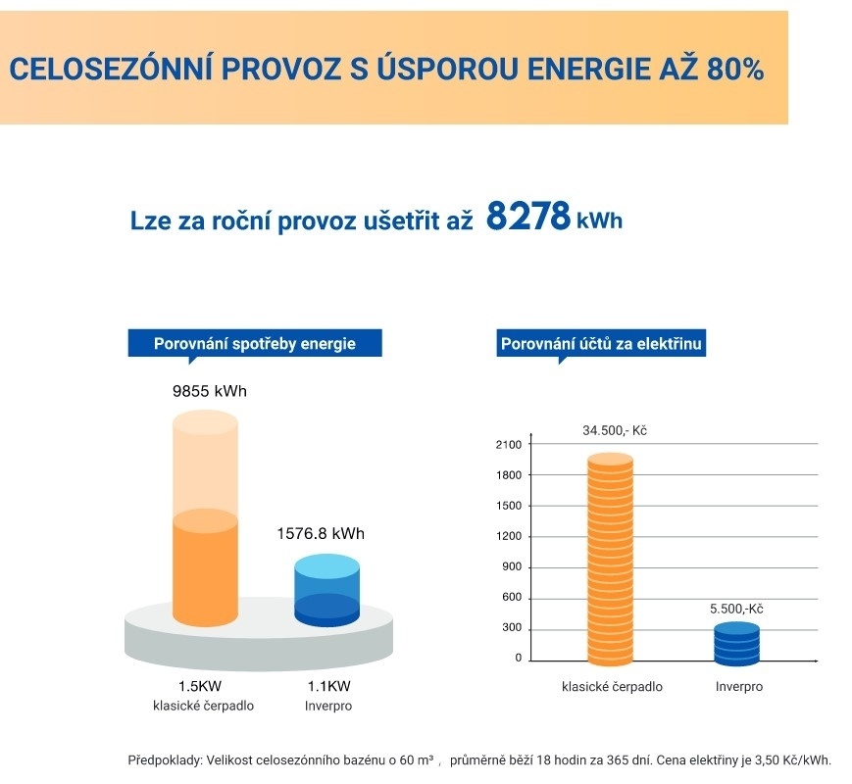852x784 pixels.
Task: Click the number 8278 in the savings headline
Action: (527, 217)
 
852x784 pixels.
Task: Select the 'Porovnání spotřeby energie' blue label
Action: (255, 343)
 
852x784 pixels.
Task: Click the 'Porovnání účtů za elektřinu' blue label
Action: (603, 344)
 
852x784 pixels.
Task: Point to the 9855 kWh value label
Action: (209, 392)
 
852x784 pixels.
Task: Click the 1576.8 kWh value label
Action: (320, 534)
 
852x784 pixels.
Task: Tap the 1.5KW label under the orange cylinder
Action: (204, 687)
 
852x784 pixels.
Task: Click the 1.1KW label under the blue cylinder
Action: (328, 687)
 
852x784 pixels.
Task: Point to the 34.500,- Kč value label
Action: (615, 431)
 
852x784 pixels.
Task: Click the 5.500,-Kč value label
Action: (736, 609)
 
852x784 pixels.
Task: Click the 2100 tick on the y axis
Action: (510, 445)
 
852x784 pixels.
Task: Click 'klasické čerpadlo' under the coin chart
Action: (612, 687)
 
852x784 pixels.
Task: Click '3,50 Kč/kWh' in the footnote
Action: (795, 759)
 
